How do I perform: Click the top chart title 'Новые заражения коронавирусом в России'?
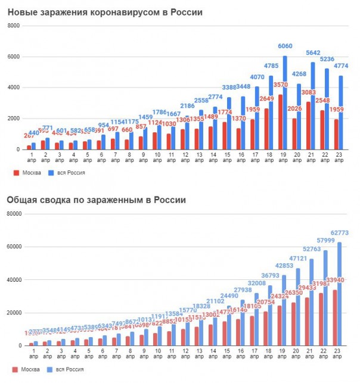(104, 13)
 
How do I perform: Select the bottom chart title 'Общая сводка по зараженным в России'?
(97, 200)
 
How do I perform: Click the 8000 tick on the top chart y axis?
(14, 26)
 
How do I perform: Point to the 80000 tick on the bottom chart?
(13, 214)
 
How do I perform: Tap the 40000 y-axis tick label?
(13, 280)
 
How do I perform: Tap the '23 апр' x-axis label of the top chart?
(337, 159)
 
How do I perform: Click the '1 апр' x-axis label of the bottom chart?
(32, 355)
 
